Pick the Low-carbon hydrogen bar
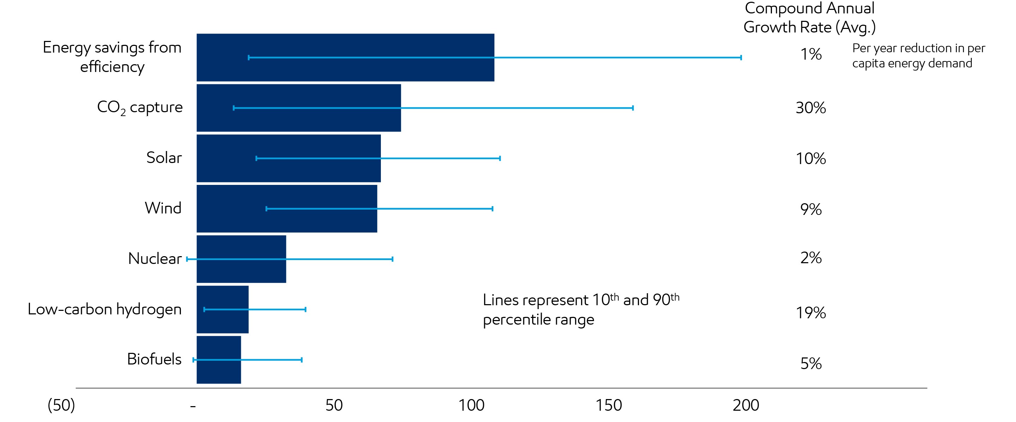click(x=223, y=322)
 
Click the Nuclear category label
click(x=154, y=259)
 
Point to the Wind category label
click(x=163, y=208)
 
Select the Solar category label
click(x=164, y=157)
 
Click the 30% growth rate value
click(x=810, y=108)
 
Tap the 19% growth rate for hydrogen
click(x=810, y=313)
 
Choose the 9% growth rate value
click(x=810, y=209)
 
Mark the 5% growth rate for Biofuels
click(x=810, y=363)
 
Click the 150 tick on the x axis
click(x=608, y=405)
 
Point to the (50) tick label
click(x=61, y=405)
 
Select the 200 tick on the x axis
click(x=746, y=405)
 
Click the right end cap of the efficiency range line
click(x=741, y=58)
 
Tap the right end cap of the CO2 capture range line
click(x=633, y=108)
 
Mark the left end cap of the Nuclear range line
click(x=187, y=259)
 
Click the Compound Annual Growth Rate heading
click(x=809, y=18)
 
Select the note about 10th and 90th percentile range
click(x=580, y=309)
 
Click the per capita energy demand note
click(x=918, y=56)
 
